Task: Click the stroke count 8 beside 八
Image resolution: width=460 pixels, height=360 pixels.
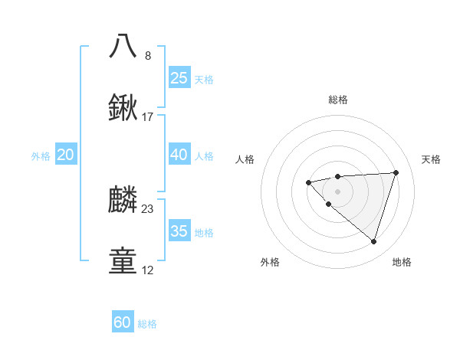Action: (x=148, y=55)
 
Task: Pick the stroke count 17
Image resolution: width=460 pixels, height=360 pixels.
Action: (x=148, y=117)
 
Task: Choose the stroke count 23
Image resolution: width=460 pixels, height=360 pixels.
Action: (x=148, y=209)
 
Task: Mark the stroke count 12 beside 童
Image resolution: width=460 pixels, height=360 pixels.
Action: (x=148, y=270)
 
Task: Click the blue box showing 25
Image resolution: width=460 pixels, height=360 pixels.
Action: (x=179, y=77)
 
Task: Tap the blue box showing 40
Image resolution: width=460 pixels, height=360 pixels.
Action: (x=179, y=155)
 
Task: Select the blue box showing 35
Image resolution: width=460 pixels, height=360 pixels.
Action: (x=179, y=231)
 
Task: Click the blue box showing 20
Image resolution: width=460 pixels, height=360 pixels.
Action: (x=66, y=155)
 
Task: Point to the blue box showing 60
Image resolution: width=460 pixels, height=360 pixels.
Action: (x=123, y=322)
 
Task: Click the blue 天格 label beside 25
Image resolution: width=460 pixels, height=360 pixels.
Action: (x=204, y=79)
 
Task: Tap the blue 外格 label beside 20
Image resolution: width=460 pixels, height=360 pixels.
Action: (x=41, y=156)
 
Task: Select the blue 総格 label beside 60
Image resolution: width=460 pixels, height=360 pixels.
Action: (x=147, y=324)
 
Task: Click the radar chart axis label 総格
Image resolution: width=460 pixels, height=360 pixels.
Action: (x=337, y=100)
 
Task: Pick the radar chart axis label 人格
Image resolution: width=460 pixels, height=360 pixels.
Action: (x=245, y=159)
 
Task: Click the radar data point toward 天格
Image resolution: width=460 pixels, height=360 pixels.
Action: (x=396, y=172)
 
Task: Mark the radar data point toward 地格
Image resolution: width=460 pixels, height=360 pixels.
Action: (x=373, y=241)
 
